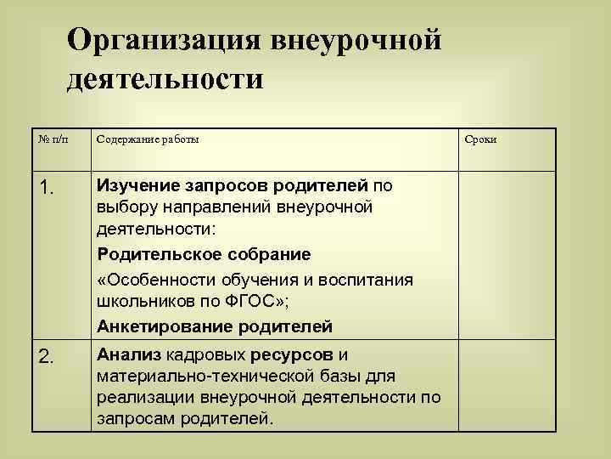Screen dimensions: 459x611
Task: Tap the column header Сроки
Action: coord(480,139)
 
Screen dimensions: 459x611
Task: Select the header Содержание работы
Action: coord(149,139)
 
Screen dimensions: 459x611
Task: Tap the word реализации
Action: coord(139,397)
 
